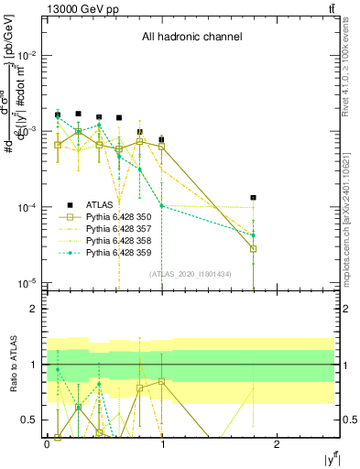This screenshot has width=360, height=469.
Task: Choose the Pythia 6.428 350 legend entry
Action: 115,217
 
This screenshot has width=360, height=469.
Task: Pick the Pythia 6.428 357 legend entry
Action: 115,229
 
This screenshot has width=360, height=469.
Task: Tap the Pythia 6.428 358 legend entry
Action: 115,241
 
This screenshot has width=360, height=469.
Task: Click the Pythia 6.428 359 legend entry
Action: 115,253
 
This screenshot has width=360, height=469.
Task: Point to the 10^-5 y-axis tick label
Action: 27,283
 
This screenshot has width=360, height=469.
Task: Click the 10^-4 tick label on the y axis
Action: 27,207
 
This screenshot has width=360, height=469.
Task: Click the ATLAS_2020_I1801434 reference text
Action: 191,275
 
